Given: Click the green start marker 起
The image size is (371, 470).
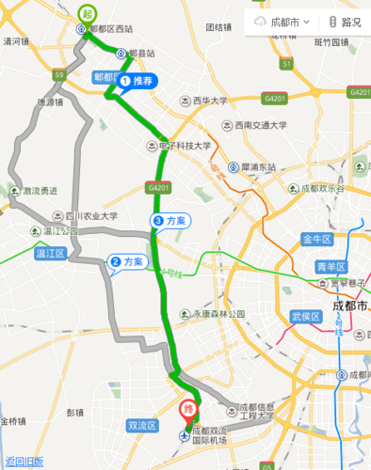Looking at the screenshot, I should (x=87, y=13).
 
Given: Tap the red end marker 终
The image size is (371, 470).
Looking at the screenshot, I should (x=188, y=411).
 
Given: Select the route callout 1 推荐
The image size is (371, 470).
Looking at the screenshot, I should (x=137, y=82).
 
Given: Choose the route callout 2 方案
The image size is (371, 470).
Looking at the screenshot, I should (x=128, y=262).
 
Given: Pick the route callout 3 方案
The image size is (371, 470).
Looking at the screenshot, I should (x=170, y=220).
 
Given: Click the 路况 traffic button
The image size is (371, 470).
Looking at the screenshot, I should (x=344, y=22).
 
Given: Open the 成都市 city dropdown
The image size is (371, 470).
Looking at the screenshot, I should (x=284, y=22).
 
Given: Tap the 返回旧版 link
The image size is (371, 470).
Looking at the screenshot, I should (x=24, y=462).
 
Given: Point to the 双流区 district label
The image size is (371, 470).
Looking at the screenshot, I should (x=140, y=426).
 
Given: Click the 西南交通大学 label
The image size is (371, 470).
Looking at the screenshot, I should (x=261, y=125).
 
